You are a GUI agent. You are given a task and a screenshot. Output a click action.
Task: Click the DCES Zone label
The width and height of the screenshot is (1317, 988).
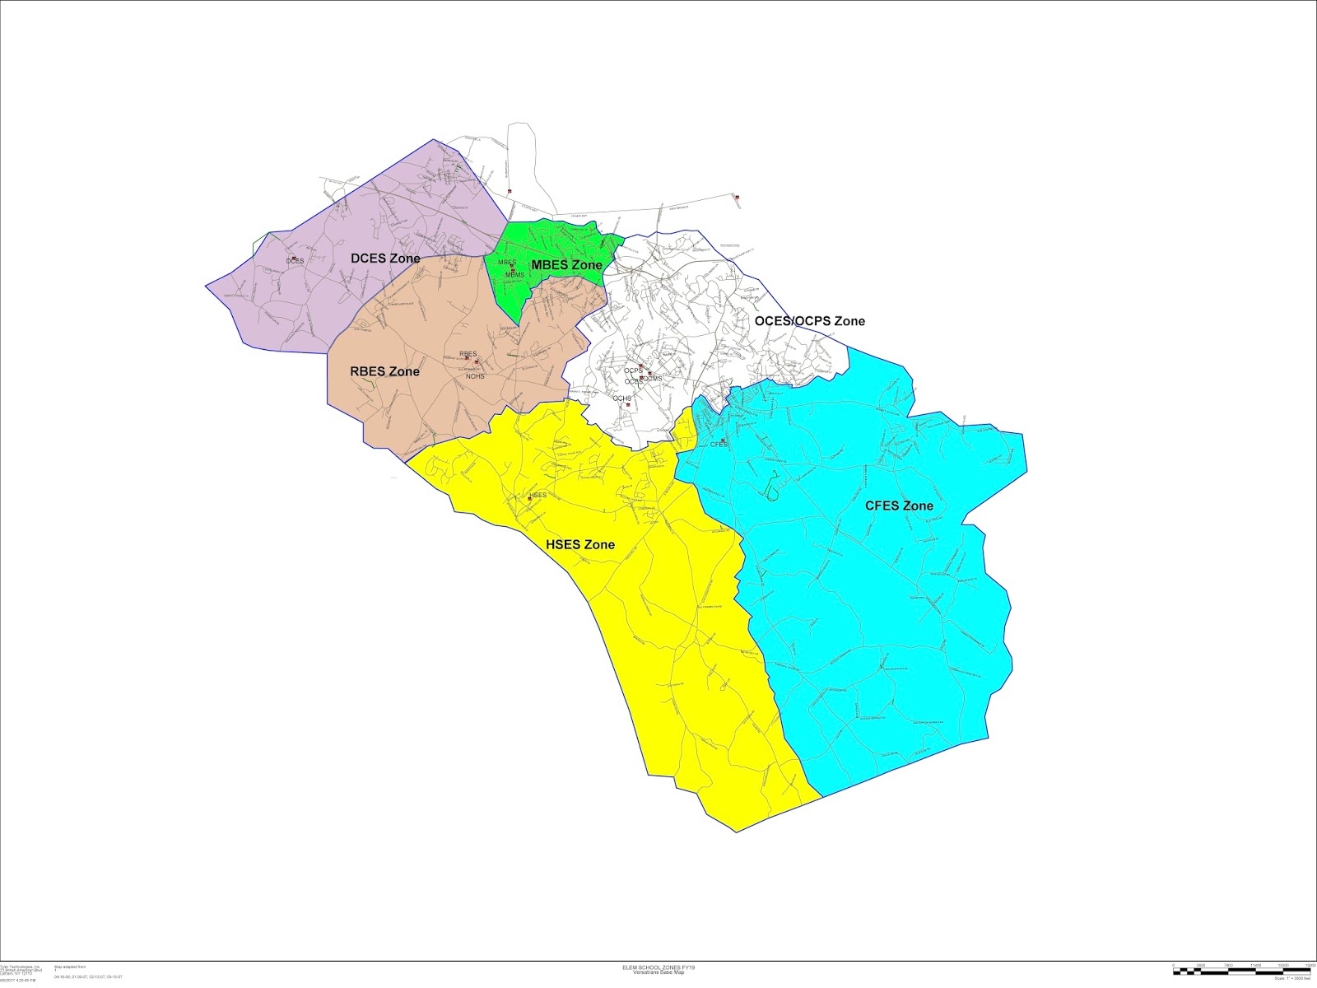coord(385,259)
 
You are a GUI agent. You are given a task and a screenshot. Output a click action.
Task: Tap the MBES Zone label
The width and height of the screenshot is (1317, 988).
coord(566,265)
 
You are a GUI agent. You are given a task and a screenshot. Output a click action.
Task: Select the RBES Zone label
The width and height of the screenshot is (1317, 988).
coord(384,371)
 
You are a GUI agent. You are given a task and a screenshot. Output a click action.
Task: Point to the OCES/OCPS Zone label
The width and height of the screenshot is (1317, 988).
coord(810,321)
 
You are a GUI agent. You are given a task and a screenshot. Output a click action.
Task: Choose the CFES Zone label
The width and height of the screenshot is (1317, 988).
coord(899,506)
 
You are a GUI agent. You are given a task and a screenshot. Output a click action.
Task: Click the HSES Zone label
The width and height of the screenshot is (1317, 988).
coord(580,545)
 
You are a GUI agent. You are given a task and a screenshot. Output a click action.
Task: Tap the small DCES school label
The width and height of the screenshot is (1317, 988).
coord(295,261)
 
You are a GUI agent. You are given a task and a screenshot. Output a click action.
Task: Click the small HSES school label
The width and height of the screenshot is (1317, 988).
coord(538,495)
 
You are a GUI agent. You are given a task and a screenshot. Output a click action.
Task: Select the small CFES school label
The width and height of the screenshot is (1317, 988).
coord(719,444)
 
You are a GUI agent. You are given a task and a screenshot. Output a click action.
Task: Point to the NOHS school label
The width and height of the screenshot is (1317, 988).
coord(475,376)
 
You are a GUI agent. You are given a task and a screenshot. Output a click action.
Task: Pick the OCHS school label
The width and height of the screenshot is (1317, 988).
coord(621,398)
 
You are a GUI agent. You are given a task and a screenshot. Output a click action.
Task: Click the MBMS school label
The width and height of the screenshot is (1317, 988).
coord(514,274)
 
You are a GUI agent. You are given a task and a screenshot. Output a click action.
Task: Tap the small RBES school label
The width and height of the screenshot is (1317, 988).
coord(468,354)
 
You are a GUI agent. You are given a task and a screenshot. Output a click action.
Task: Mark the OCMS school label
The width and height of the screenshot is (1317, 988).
coord(652,379)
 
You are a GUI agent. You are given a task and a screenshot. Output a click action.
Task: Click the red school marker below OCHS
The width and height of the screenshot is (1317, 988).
coord(627,405)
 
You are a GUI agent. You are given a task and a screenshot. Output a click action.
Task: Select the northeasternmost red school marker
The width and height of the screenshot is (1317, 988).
coord(738,197)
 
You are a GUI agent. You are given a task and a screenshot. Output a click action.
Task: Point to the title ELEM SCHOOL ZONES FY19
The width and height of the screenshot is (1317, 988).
coord(653,967)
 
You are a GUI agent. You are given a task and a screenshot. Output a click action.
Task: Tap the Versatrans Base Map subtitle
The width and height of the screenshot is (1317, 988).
coord(653,972)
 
